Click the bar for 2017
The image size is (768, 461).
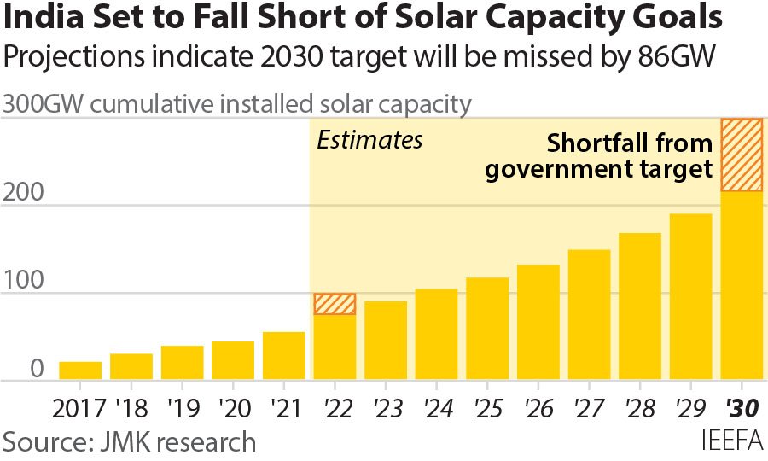(x=80, y=371)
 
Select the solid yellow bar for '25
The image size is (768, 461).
(x=487, y=329)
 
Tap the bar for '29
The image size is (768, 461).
(x=690, y=297)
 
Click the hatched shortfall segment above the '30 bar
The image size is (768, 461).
(x=742, y=155)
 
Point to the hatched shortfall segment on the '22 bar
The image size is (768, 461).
(x=335, y=304)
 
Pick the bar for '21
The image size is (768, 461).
(x=284, y=356)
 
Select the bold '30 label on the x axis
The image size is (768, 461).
(x=742, y=407)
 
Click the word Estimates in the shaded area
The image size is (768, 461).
(x=369, y=140)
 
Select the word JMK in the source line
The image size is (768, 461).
(x=125, y=441)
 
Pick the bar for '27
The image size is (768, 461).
(x=589, y=315)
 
